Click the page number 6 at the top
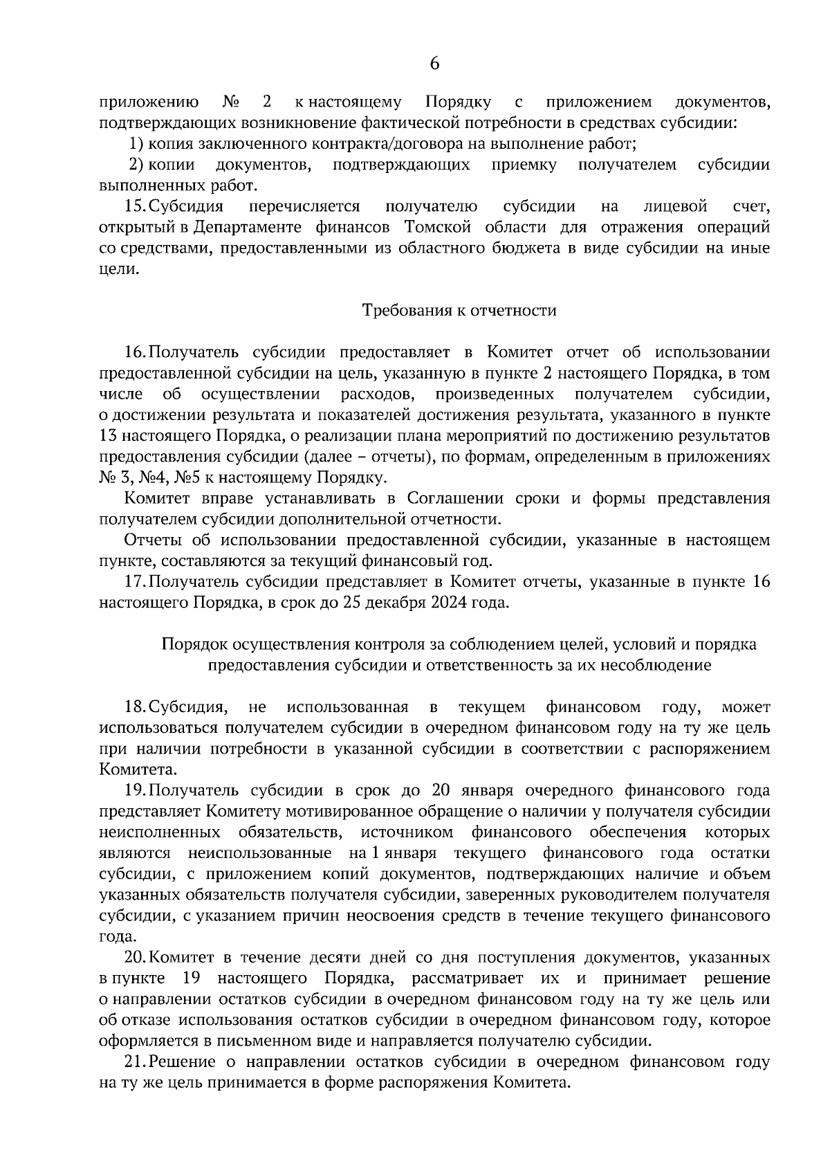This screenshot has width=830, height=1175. click(434, 64)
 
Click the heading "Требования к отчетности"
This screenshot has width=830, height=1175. click(460, 310)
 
